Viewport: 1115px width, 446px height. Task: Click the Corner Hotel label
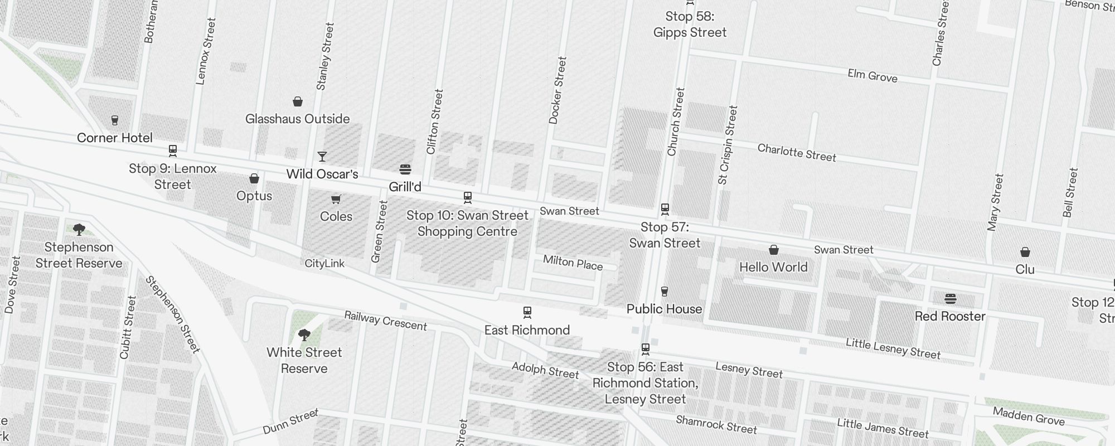coord(114,138)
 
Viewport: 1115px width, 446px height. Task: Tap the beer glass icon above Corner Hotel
coord(115,120)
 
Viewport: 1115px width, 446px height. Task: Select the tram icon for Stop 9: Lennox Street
coord(173,150)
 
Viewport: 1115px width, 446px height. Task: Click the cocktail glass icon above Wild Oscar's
coord(322,156)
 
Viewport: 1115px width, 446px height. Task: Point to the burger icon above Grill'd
coord(405,169)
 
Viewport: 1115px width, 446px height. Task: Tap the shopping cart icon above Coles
coord(336,199)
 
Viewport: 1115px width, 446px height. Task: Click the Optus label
coord(254,196)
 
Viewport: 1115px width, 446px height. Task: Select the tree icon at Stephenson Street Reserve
coord(79,229)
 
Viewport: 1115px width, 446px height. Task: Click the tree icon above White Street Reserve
coord(304,334)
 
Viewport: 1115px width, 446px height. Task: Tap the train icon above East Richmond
coord(527,312)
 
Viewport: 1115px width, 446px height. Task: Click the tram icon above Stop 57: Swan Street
coord(665,209)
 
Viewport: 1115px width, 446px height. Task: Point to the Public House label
coord(664,309)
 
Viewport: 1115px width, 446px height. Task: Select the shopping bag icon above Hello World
coord(774,250)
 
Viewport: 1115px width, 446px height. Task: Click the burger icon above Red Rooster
coord(951,299)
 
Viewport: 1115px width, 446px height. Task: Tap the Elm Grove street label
coord(872,76)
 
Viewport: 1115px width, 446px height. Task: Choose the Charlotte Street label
coord(797,153)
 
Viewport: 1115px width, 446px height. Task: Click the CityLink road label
coord(324,263)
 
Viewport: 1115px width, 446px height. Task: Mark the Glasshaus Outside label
coord(297,119)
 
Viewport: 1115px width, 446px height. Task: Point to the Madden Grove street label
coord(1029,416)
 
